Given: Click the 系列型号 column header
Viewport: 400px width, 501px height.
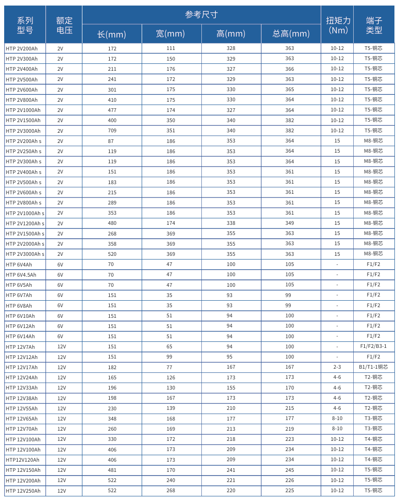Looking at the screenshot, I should [x=25, y=25].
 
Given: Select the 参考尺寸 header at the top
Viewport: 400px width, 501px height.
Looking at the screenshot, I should [x=201, y=15].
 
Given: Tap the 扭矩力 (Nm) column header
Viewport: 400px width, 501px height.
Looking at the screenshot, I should [x=337, y=25].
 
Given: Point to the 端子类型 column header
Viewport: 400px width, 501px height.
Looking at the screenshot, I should [x=374, y=25].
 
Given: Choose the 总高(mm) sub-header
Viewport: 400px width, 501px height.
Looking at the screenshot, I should [x=291, y=34].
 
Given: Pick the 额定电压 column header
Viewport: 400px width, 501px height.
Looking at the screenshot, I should [x=64, y=25].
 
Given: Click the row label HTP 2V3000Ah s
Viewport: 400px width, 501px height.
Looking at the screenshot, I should [x=25, y=254].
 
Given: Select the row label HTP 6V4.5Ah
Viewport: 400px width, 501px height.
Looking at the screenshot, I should [x=21, y=275].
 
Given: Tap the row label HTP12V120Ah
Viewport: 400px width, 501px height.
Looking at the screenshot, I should [x=23, y=460].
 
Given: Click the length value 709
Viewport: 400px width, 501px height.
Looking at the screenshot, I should [x=112, y=131].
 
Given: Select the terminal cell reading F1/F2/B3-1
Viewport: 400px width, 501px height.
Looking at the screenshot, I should [x=373, y=346].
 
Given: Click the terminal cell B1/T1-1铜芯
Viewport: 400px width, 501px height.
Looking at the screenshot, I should [x=373, y=367].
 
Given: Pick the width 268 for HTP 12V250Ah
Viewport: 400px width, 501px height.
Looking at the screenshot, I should [x=171, y=491].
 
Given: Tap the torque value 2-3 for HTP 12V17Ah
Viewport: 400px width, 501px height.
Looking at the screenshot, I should [x=337, y=367].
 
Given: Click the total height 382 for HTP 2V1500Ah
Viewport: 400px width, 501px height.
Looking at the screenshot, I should [x=290, y=120].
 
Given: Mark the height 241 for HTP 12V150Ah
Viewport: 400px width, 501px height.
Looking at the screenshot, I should [x=231, y=470].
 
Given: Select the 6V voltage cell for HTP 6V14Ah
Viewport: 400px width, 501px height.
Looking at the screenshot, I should [x=60, y=336].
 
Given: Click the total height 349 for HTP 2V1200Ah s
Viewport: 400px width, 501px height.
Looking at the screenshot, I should [x=290, y=223].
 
